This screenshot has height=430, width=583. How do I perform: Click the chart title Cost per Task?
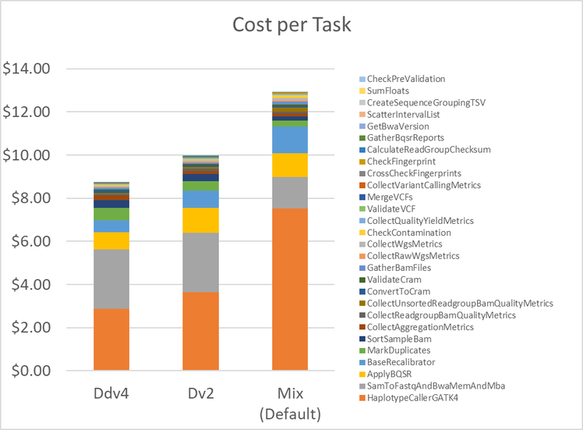pyautogui.click(x=291, y=25)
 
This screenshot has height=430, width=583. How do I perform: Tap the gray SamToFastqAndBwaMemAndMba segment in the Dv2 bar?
pyautogui.click(x=200, y=262)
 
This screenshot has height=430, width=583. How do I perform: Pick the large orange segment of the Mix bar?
pyautogui.click(x=290, y=289)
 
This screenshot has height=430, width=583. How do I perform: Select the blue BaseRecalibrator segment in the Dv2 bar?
pyautogui.click(x=200, y=199)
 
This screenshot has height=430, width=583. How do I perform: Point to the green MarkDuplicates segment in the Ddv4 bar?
pyautogui.click(x=111, y=214)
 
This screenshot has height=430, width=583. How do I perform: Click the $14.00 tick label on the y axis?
pyautogui.click(x=26, y=69)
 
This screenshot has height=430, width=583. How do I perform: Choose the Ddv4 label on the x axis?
pyautogui.click(x=111, y=393)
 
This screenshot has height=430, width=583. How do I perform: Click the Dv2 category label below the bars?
pyautogui.click(x=200, y=393)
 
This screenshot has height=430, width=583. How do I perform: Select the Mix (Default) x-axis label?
pyautogui.click(x=290, y=402)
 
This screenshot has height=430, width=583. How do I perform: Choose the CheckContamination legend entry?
pyautogui.click(x=408, y=233)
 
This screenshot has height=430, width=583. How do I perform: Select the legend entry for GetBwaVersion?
pyautogui.click(x=398, y=126)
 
